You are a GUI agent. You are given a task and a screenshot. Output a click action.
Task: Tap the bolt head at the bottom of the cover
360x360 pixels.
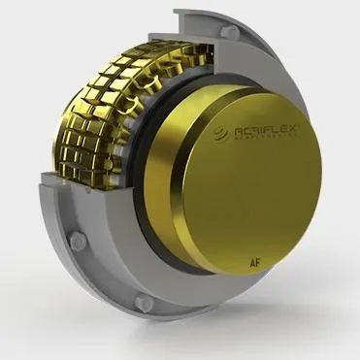(x=145, y=304)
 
